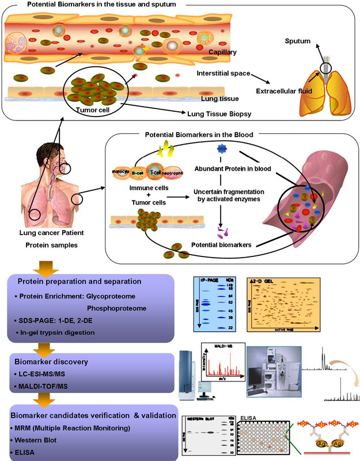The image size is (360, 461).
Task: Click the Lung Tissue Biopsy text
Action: click(x=230, y=114)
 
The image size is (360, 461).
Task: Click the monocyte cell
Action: click(x=123, y=171)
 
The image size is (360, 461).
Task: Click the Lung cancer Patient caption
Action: click(x=48, y=232)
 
